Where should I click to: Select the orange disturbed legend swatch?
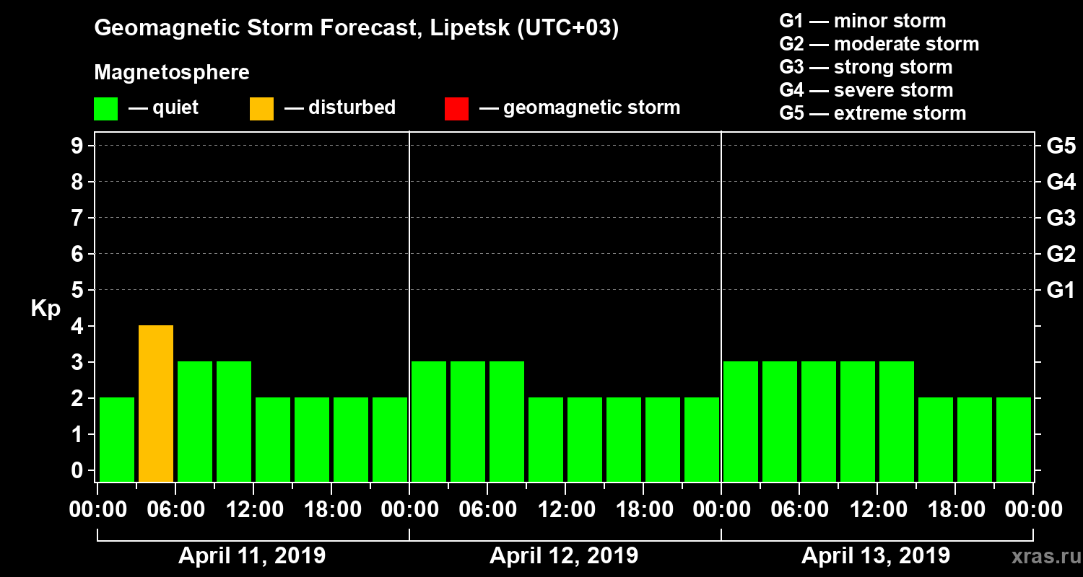tap(261, 108)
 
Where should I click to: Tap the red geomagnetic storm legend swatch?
tap(456, 108)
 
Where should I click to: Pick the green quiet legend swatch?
tap(105, 108)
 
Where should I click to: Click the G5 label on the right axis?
tap(1061, 146)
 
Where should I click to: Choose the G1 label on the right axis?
tap(1061, 291)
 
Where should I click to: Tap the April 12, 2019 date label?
tap(564, 556)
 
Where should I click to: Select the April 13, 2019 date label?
tap(876, 556)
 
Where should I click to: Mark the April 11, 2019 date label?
tap(252, 556)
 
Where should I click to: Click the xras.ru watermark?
tap(1039, 556)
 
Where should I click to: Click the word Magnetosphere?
tap(172, 73)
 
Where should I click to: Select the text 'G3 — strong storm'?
tap(866, 67)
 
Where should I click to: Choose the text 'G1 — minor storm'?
tap(863, 21)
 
